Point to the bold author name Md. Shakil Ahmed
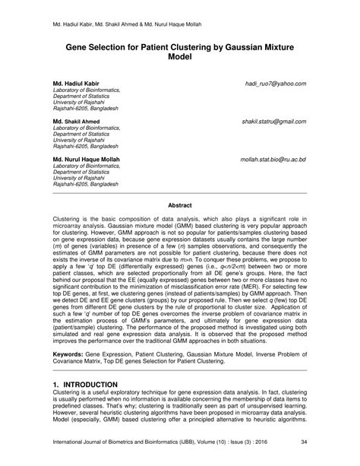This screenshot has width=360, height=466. pyautogui.click(x=76, y=122)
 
